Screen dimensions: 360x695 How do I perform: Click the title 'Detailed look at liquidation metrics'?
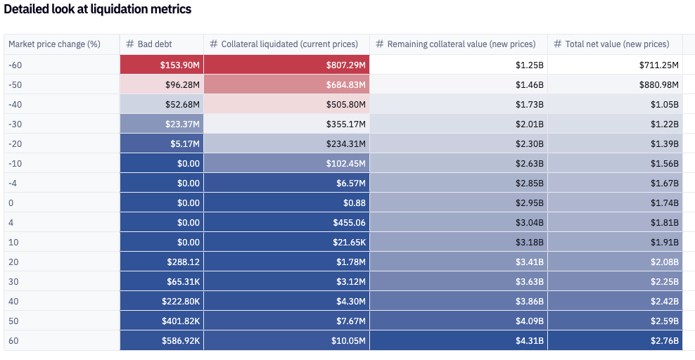pos(98,10)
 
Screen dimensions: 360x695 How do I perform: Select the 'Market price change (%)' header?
pos(54,44)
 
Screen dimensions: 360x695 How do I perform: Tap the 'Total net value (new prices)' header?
pos(616,44)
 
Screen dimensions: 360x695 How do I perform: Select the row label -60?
pos(16,65)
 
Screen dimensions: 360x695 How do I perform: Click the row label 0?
pos(11,202)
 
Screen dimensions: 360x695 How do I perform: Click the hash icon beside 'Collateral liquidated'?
pos(214,44)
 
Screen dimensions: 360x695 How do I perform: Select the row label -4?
pos(13,183)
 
